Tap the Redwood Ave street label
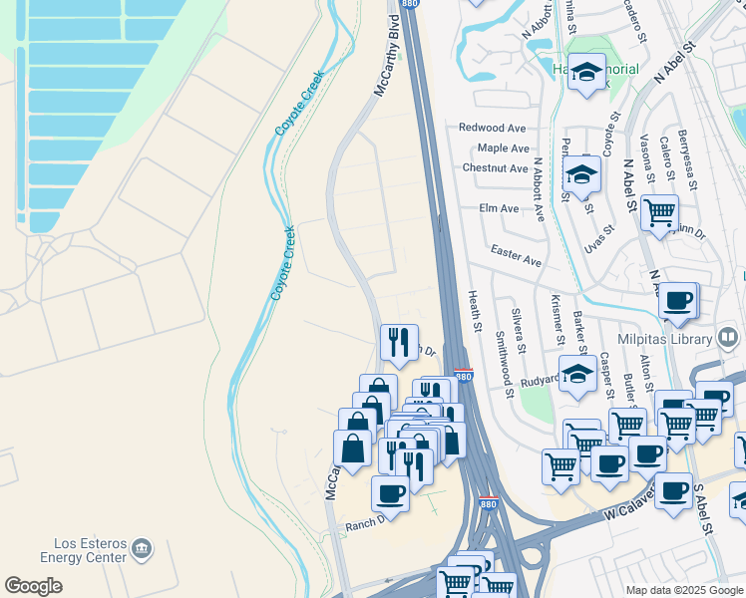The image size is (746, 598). [492, 128]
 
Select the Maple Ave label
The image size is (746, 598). [503, 148]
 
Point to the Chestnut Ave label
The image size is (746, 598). [495, 168]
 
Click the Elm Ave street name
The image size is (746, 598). [499, 208]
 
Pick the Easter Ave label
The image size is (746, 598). [516, 256]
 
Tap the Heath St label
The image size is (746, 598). [476, 311]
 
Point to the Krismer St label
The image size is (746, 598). [555, 320]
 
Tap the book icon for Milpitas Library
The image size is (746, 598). [728, 338]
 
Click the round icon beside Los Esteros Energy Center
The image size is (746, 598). [142, 547]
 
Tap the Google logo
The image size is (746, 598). [34, 586]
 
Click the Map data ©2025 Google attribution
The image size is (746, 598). [683, 590]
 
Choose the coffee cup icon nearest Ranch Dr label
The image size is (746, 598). [390, 492]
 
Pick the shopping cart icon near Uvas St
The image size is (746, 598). [659, 212]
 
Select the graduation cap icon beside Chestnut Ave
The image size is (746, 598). [580, 173]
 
